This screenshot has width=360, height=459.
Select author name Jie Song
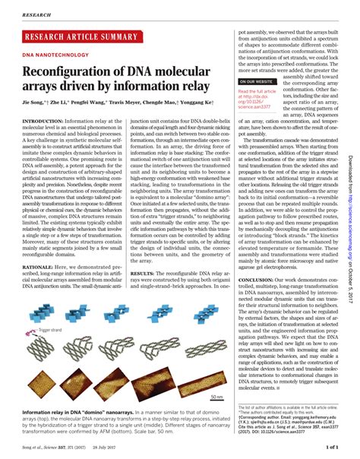click(35, 102)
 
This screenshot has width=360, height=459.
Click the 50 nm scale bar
click(216, 397)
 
